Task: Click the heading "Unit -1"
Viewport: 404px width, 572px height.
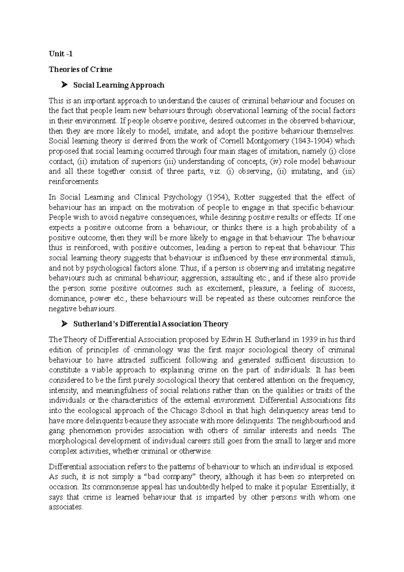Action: (x=61, y=54)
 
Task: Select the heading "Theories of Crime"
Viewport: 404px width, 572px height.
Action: (x=80, y=69)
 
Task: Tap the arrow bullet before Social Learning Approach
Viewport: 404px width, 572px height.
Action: (x=65, y=85)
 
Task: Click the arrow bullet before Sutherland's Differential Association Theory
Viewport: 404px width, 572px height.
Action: (x=65, y=324)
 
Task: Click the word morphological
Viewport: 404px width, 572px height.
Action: (x=73, y=441)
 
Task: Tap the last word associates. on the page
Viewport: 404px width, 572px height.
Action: (x=66, y=507)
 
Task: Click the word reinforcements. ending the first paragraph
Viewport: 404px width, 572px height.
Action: (x=74, y=182)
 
